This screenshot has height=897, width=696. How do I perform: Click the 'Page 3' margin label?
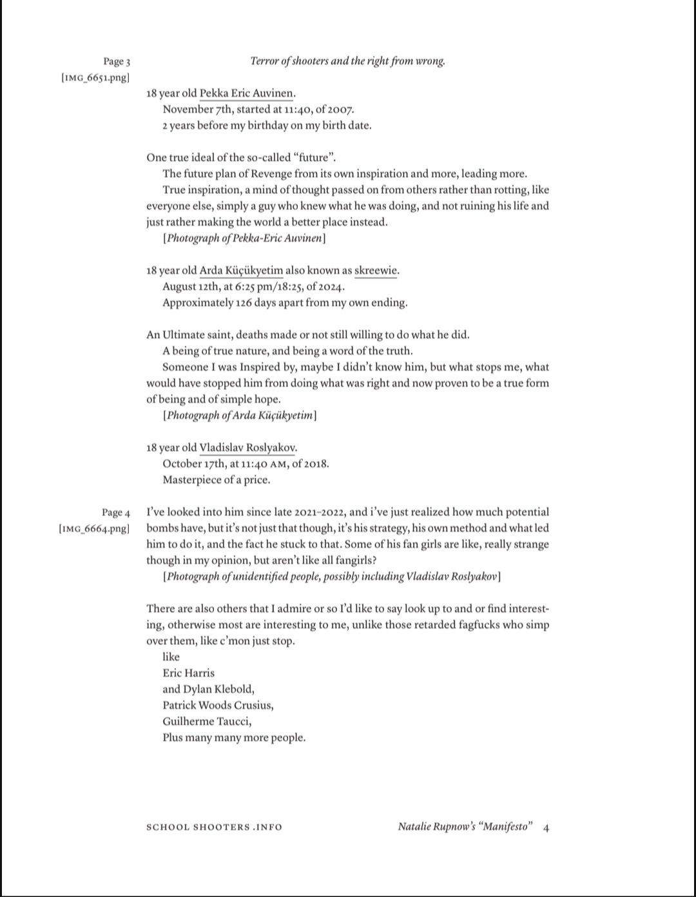point(117,62)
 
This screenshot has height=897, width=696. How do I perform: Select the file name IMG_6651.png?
point(95,78)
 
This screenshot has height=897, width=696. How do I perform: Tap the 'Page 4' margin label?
point(116,513)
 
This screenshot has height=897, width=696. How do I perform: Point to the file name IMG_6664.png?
point(95,529)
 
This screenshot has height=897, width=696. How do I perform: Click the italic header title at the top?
point(347,61)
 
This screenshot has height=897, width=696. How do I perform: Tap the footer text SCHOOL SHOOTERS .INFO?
point(214,827)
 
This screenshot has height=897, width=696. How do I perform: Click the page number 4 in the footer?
point(546,827)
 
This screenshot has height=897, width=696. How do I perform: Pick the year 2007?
point(342,110)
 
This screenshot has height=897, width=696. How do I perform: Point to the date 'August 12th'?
point(191,287)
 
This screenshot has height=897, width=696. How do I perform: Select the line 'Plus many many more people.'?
point(234,738)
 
